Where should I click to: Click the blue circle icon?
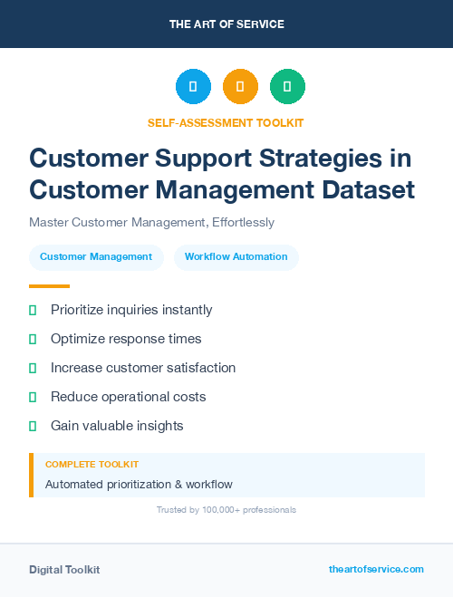pyautogui.click(x=193, y=87)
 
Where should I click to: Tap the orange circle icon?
pyautogui.click(x=240, y=87)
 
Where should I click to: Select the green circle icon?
pyautogui.click(x=287, y=87)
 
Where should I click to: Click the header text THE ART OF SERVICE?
pyautogui.click(x=226, y=24)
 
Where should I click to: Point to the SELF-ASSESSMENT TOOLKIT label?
pyautogui.click(x=226, y=122)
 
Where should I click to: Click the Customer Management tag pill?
pyautogui.click(x=96, y=257)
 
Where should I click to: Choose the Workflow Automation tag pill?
pyautogui.click(x=236, y=257)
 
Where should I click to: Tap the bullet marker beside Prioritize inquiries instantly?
pyautogui.click(x=33, y=311)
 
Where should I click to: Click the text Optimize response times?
pyautogui.click(x=126, y=339)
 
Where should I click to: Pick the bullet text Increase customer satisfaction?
pyautogui.click(x=143, y=368)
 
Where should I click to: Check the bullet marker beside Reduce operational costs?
pyautogui.click(x=33, y=397)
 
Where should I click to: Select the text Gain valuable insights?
pyautogui.click(x=117, y=426)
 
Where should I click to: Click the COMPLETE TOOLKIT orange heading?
pyautogui.click(x=92, y=464)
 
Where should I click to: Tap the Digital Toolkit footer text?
pyautogui.click(x=64, y=570)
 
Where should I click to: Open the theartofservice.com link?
pyautogui.click(x=376, y=569)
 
